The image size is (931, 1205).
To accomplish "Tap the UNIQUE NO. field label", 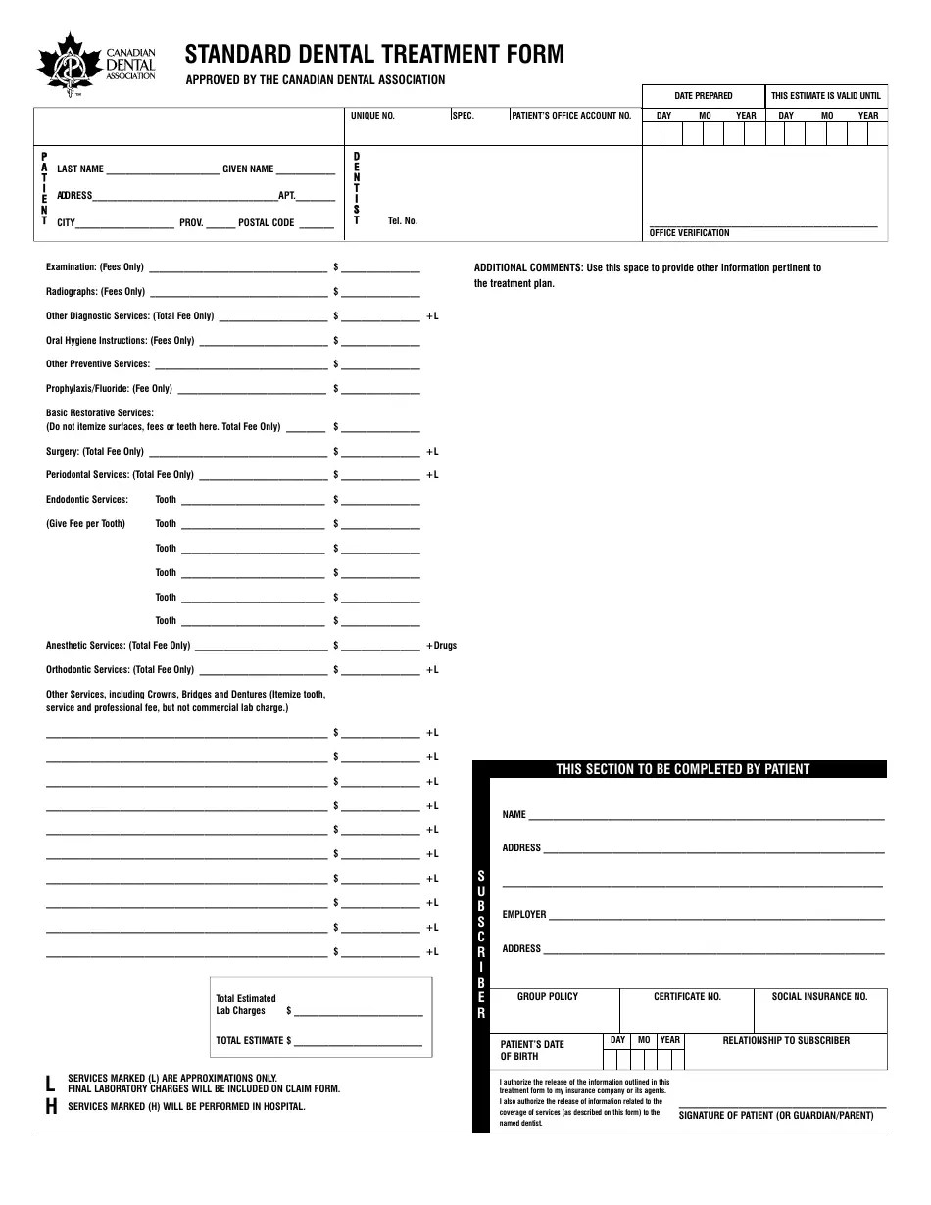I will (x=372, y=116).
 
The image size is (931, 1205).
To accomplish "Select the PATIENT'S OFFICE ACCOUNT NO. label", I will (x=571, y=116).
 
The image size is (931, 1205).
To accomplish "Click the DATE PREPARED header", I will (x=703, y=96).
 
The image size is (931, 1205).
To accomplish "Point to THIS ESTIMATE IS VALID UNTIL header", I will (x=825, y=96).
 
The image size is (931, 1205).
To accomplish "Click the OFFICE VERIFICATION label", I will (x=689, y=233).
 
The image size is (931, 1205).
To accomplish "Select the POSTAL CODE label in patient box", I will (x=266, y=223).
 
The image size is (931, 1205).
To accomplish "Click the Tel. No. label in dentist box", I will (x=402, y=221).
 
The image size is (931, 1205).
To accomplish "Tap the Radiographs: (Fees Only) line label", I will (x=95, y=292).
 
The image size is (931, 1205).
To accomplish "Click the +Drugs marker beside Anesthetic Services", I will (x=441, y=646).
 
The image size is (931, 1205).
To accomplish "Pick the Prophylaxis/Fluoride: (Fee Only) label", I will (x=109, y=389).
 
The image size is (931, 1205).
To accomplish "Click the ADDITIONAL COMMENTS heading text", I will (x=528, y=267).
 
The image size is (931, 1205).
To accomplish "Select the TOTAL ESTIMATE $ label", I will (x=254, y=1041).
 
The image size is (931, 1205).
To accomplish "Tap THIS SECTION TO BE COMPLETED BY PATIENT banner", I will (x=682, y=769).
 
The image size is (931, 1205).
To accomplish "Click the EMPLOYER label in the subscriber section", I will (x=524, y=915).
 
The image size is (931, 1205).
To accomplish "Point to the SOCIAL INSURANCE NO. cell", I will (x=819, y=997).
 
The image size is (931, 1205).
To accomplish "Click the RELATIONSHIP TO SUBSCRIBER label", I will (x=786, y=1040).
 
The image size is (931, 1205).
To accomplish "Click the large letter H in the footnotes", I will (x=51, y=1106).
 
